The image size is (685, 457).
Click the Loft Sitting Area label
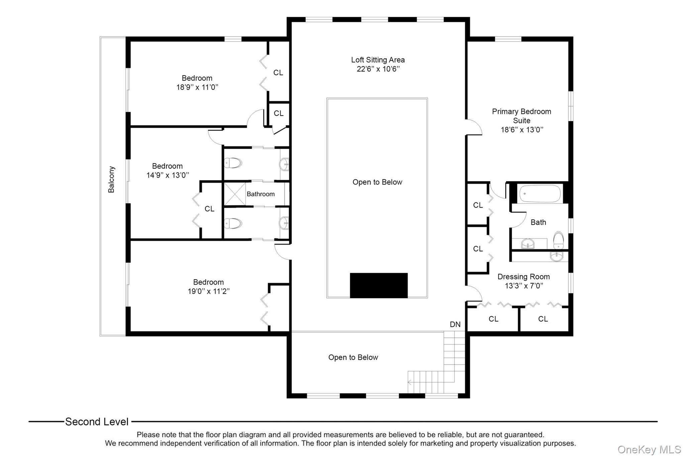tap(378, 60)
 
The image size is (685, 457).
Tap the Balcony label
tap(111, 179)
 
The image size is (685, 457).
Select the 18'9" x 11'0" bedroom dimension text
tap(197, 87)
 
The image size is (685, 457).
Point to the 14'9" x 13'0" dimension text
tap(168, 175)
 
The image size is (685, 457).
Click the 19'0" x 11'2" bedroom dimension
tap(208, 291)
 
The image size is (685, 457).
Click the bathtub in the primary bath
tap(540, 194)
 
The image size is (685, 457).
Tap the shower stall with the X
tap(234, 194)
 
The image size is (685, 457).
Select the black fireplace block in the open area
tap(379, 285)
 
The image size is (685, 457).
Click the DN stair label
tap(455, 324)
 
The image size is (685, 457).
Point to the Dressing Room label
tap(523, 277)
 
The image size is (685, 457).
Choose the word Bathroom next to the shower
tap(261, 194)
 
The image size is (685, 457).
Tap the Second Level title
tap(97, 422)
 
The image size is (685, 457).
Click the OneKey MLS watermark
tap(649, 449)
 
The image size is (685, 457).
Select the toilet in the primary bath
tap(558, 240)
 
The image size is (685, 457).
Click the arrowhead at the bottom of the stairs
tap(409, 382)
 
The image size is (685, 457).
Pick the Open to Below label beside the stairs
tap(353, 357)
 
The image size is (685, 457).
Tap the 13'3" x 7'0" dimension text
tap(524, 286)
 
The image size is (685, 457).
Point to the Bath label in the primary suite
tap(538, 222)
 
